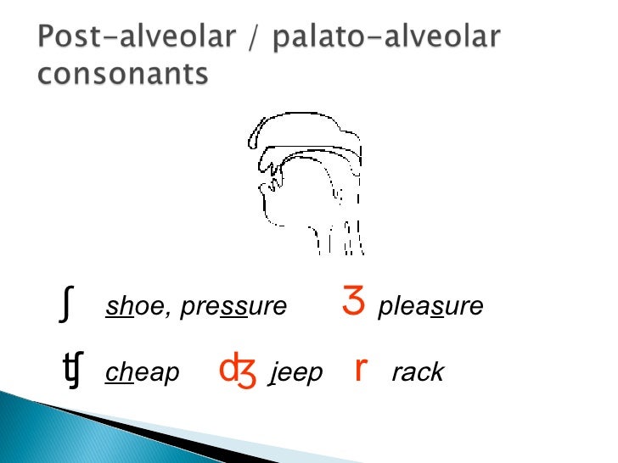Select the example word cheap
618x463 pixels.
coord(142,373)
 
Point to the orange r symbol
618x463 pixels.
coord(361,369)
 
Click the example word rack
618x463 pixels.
coord(418,373)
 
